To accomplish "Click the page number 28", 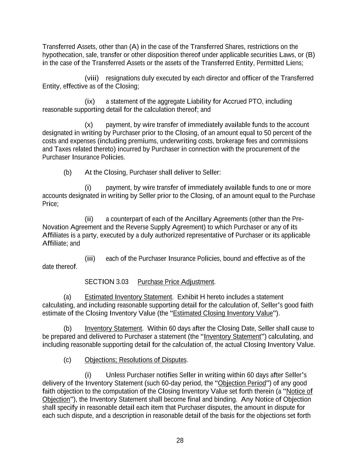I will coord(180,440).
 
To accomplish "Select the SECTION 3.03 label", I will coord(106,282).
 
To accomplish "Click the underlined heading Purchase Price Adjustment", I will coord(176,282).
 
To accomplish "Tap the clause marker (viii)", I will coord(91,79).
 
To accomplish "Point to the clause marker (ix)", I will coord(90,102).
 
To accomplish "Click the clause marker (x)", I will coord(89,125).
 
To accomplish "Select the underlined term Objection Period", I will coord(242,383).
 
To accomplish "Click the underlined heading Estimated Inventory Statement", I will coord(128,297).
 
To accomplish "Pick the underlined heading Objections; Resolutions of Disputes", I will coord(136,360).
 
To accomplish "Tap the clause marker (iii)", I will coord(90,259).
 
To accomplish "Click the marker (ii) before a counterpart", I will coord(89,219).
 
